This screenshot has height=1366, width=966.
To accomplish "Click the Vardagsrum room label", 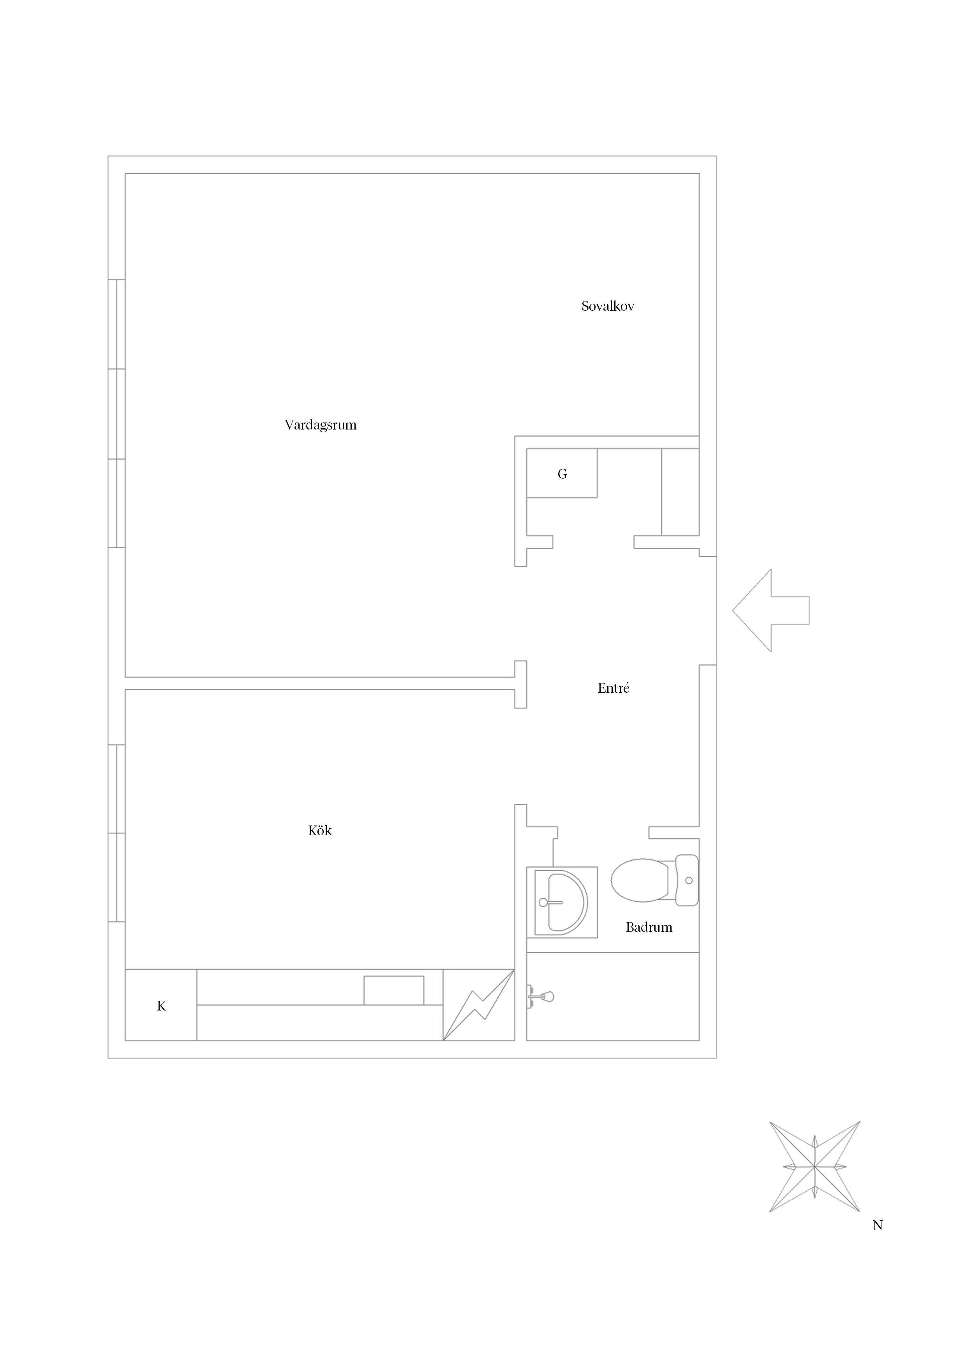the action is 320,425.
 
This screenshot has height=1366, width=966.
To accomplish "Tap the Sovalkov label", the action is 608,306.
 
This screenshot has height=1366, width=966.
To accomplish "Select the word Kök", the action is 320,831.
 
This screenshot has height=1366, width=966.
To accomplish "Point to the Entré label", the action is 613,688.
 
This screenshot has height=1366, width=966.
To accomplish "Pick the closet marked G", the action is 562,473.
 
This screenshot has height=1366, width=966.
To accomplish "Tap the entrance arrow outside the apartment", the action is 771,611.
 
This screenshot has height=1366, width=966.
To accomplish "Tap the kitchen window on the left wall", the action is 116,833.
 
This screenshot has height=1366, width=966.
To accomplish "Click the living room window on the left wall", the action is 116,414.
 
